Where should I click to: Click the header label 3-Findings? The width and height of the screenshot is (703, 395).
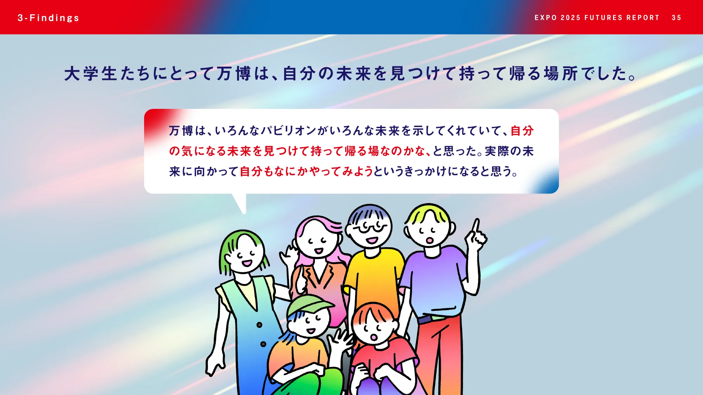49,18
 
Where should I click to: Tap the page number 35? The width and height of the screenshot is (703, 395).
676,18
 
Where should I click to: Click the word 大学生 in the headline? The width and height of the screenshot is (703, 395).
90,74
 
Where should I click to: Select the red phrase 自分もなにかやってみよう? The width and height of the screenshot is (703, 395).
306,172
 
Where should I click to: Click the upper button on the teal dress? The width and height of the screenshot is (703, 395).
259,325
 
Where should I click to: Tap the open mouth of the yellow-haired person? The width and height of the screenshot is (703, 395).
430,241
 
